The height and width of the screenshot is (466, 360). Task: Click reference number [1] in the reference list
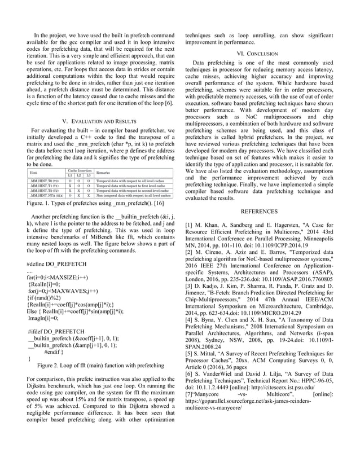click(190, 225)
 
